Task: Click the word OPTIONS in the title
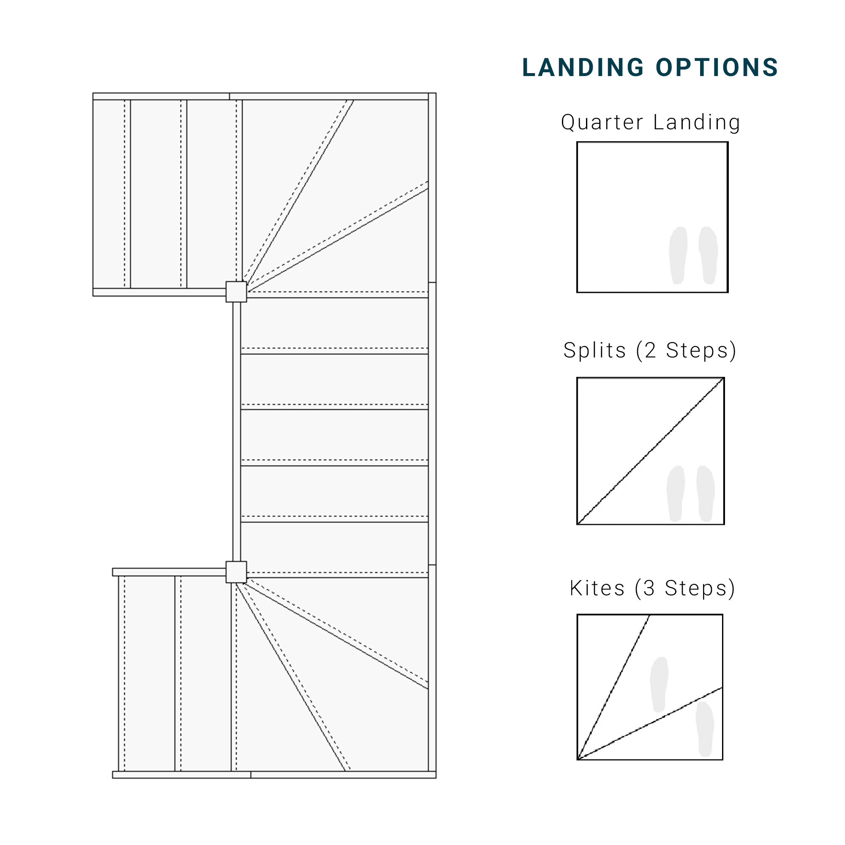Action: pyautogui.click(x=717, y=68)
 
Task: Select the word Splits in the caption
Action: pyautogui.click(x=595, y=350)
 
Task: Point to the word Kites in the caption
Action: pyautogui.click(x=597, y=588)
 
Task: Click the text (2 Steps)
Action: pyautogui.click(x=686, y=351)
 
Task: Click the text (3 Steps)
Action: pyautogui.click(x=685, y=589)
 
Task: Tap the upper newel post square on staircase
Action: pyautogui.click(x=236, y=292)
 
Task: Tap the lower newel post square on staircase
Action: pyautogui.click(x=236, y=572)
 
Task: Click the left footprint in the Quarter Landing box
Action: pyautogui.click(x=678, y=256)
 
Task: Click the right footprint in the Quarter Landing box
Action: pyautogui.click(x=708, y=256)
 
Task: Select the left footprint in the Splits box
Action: pyautogui.click(x=675, y=494)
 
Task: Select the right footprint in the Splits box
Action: pyautogui.click(x=706, y=494)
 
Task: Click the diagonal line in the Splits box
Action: pyautogui.click(x=650, y=451)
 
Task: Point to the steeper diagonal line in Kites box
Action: pyautogui.click(x=613, y=687)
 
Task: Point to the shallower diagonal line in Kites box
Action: pyautogui.click(x=650, y=724)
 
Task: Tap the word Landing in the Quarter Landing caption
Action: pyautogui.click(x=697, y=123)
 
